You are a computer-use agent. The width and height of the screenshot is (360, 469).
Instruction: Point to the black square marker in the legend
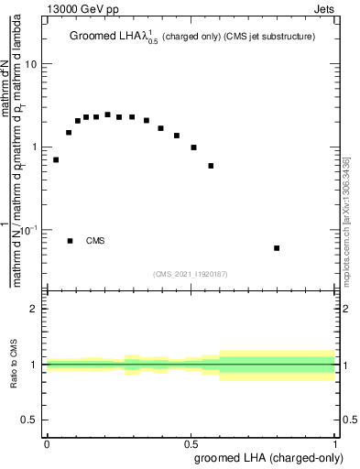(71, 241)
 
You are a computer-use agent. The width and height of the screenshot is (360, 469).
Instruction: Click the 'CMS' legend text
(95, 241)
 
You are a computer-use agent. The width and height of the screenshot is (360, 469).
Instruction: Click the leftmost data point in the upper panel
(56, 159)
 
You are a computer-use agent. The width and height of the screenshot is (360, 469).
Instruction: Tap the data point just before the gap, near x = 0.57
(211, 166)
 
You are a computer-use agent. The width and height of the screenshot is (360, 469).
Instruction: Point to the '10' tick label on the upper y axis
(31, 64)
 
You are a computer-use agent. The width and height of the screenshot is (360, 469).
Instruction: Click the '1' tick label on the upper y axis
(35, 147)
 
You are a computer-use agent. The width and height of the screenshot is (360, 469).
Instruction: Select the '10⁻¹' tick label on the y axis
(29, 229)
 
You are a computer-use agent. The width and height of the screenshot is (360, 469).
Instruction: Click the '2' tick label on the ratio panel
(35, 309)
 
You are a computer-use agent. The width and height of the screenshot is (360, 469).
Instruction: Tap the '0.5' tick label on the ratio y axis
(30, 420)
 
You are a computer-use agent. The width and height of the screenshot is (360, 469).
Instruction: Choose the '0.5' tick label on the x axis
(191, 442)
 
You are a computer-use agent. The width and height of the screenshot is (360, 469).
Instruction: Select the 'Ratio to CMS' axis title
(14, 365)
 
